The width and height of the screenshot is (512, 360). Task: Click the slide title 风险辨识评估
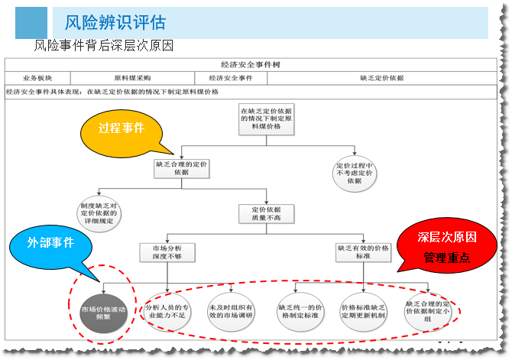click(x=115, y=23)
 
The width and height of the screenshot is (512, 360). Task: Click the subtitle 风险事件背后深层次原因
click(x=104, y=46)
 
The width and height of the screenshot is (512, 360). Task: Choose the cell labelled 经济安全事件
click(x=230, y=77)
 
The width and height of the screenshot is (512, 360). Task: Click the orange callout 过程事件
click(x=121, y=128)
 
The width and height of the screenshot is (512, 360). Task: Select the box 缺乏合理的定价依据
click(x=181, y=168)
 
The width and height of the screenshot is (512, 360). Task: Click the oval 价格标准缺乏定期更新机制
click(x=363, y=310)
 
